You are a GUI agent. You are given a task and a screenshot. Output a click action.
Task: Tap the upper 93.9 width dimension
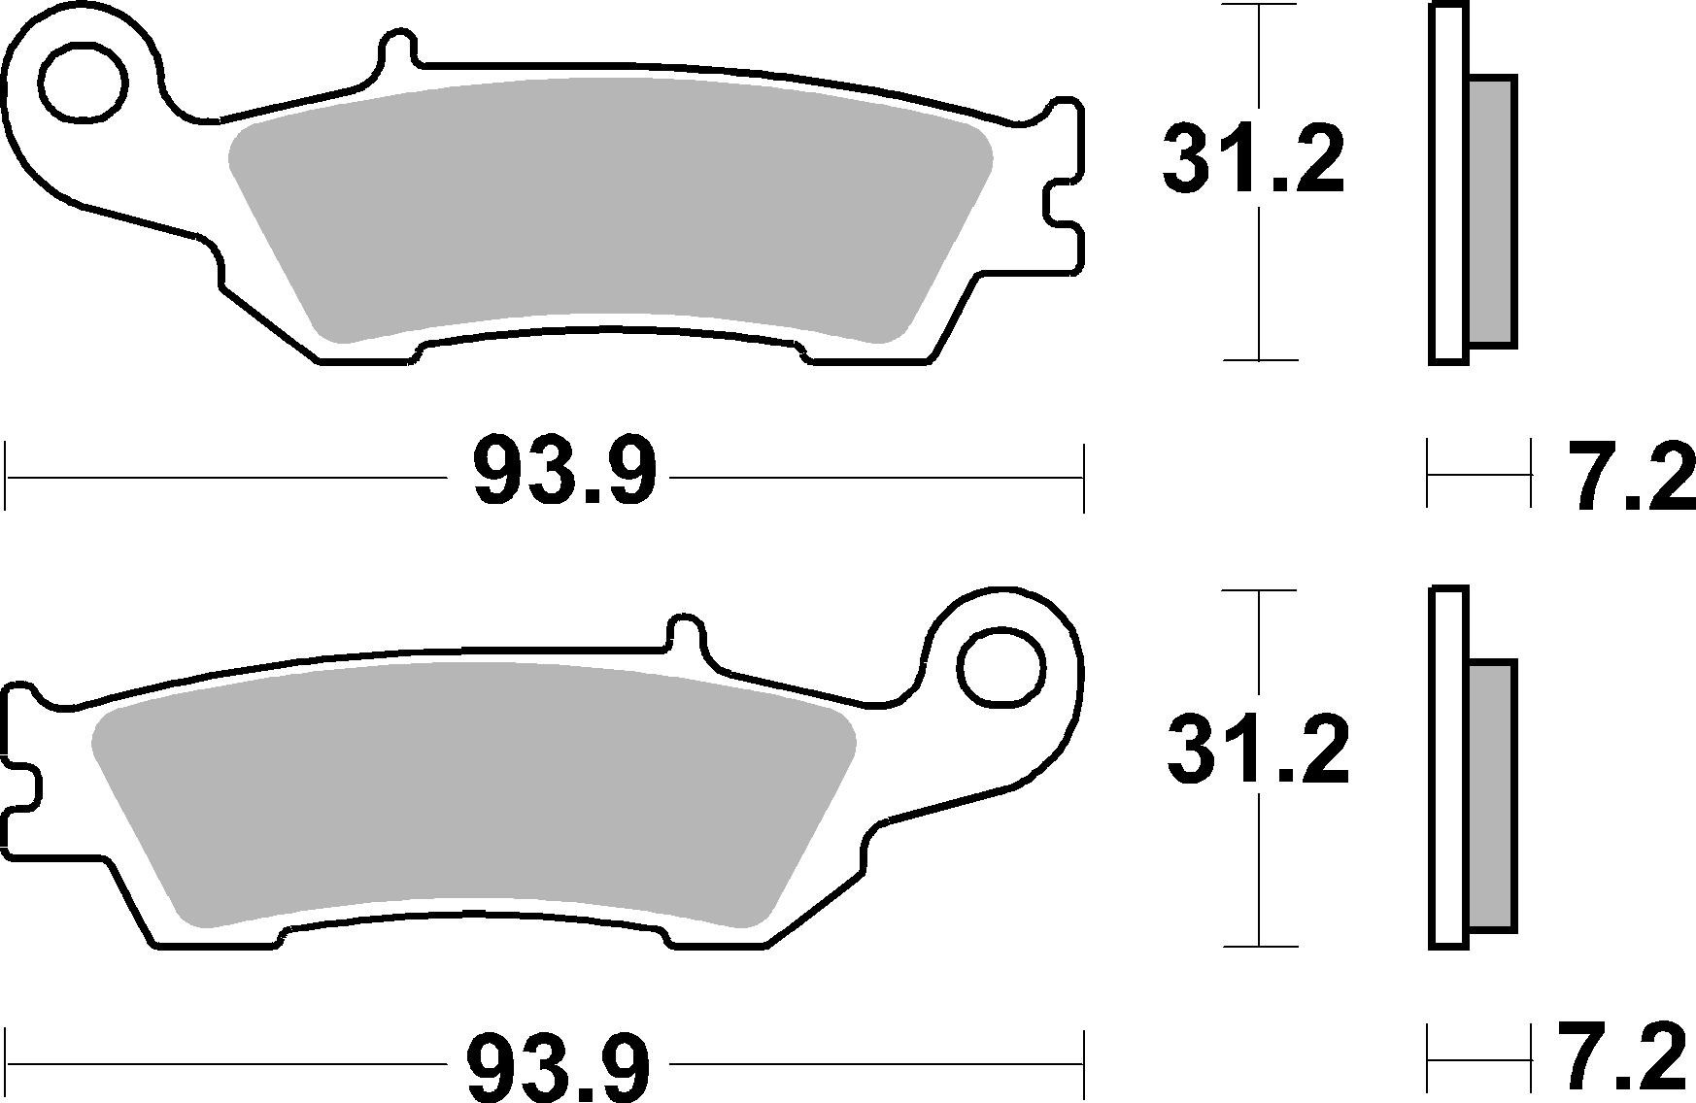pos(564,474)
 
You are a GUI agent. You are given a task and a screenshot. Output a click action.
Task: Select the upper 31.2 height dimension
pos(1253,161)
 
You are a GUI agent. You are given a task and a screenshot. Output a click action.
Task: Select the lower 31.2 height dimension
pos(1259,752)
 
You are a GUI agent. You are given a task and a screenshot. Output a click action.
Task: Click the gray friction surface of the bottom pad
pos(476,796)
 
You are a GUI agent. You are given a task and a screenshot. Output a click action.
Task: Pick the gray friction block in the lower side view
pos(1490,796)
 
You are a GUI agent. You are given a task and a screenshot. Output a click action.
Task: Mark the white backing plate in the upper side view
pos(1447,184)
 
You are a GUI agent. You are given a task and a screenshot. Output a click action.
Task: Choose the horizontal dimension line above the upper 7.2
pos(1477,475)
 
